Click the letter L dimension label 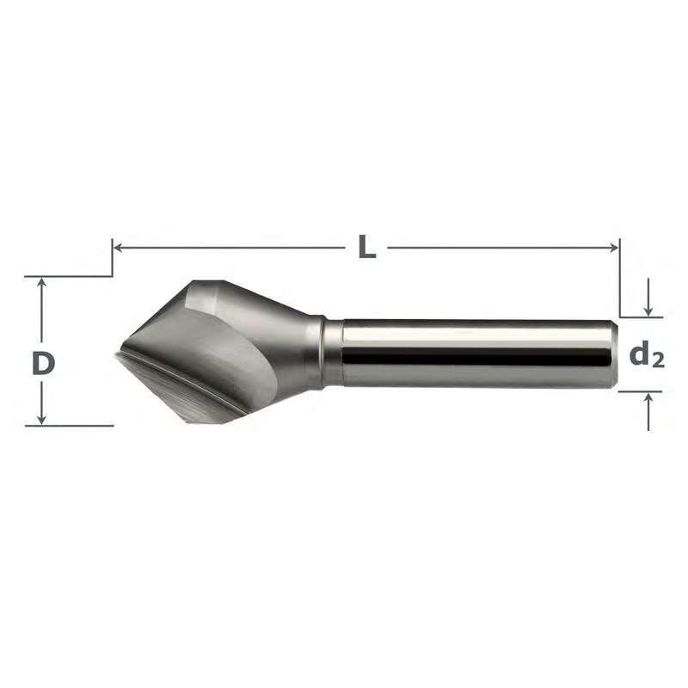pos(367,247)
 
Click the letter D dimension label pos(44,364)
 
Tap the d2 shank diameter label pos(647,355)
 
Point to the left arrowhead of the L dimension pos(118,248)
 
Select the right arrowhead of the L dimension pos(614,248)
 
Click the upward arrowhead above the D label pos(41,282)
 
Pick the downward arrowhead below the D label pos(41,420)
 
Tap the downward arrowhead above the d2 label pos(648,311)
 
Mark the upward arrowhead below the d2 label pos(648,397)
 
